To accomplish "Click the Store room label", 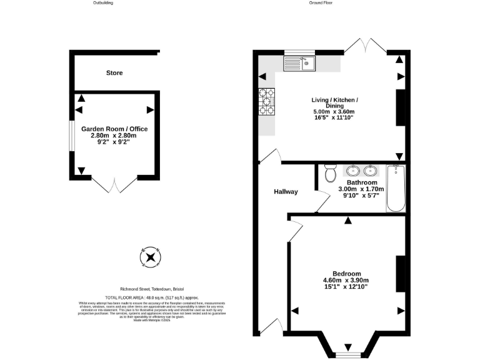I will coord(114,73).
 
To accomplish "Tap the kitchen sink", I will coord(300,62).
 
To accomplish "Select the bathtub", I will coord(396,188).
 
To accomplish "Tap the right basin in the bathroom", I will coord(371,170).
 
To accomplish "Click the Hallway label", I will coord(285,192).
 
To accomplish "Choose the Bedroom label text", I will coord(346,274).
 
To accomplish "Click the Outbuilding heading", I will coord(102,3).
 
